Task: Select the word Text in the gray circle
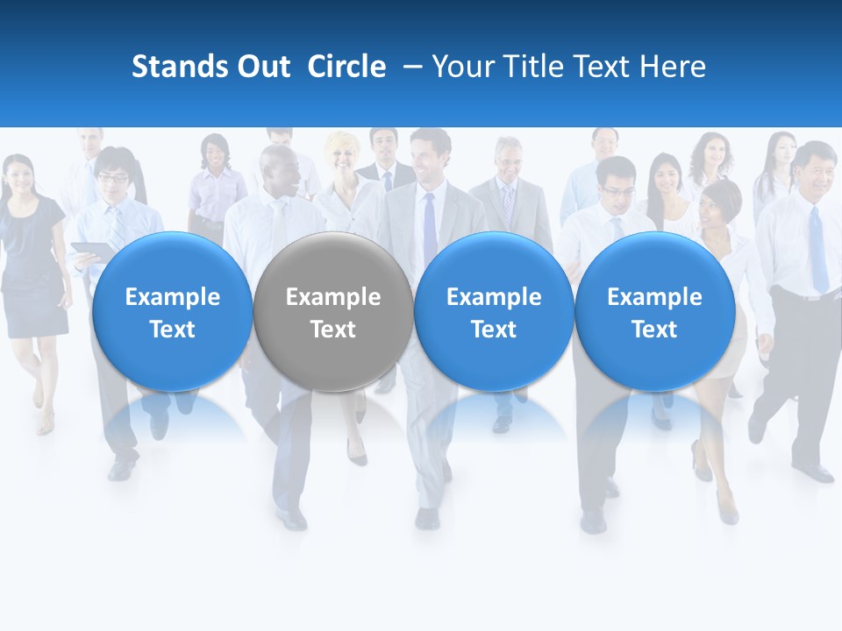point(332,330)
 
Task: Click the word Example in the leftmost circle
point(172,297)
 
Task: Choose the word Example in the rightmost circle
point(654,297)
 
